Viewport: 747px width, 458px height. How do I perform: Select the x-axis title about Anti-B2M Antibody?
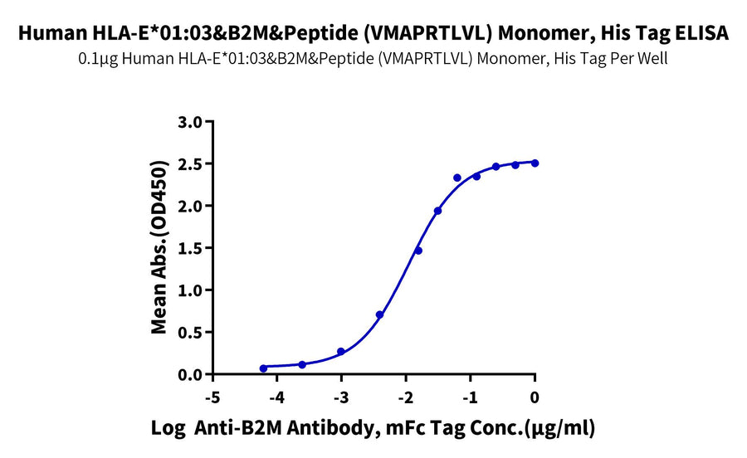pos(373,429)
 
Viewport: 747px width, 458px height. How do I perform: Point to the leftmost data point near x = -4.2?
pos(264,368)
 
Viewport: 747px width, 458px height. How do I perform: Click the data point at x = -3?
pos(341,352)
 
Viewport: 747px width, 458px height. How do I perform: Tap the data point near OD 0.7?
pos(380,314)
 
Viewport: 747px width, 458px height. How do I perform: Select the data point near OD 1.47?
pos(418,251)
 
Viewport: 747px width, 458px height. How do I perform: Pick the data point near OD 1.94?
pos(437,211)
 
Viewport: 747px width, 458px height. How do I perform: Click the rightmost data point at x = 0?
pos(535,163)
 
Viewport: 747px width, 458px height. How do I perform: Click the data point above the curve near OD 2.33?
pos(457,178)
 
